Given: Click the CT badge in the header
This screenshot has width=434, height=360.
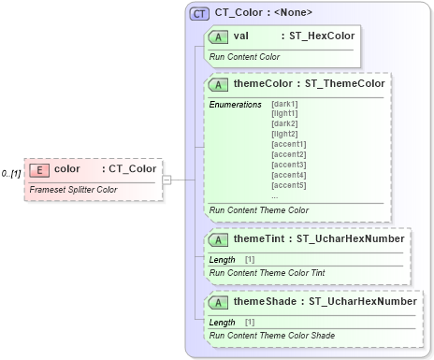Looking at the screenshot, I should click(x=199, y=14).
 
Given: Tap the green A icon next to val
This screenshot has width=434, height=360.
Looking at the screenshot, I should click(x=220, y=36).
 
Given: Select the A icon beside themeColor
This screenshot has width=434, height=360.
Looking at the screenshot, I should click(x=220, y=83).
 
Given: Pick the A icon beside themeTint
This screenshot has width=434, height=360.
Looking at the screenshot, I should click(x=220, y=238).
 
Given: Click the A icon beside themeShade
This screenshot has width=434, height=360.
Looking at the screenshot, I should click(x=220, y=302).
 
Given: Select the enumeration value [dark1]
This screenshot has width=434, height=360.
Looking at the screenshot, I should click(x=285, y=104).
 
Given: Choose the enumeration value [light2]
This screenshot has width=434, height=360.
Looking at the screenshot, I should click(x=285, y=135).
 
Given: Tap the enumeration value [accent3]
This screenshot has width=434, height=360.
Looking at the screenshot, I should click(x=288, y=165).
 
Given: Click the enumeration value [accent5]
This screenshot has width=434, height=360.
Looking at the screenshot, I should click(x=288, y=185).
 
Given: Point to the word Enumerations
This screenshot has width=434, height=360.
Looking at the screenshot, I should click(x=236, y=104).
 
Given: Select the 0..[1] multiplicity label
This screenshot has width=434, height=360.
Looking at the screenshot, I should click(x=11, y=174).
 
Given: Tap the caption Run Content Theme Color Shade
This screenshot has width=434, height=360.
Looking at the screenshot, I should click(x=272, y=335).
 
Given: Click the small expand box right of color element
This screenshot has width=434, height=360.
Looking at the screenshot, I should click(x=166, y=179).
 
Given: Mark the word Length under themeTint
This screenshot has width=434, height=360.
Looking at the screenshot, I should click(x=223, y=259).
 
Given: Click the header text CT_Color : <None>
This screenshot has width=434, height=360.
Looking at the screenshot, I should click(x=263, y=13).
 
